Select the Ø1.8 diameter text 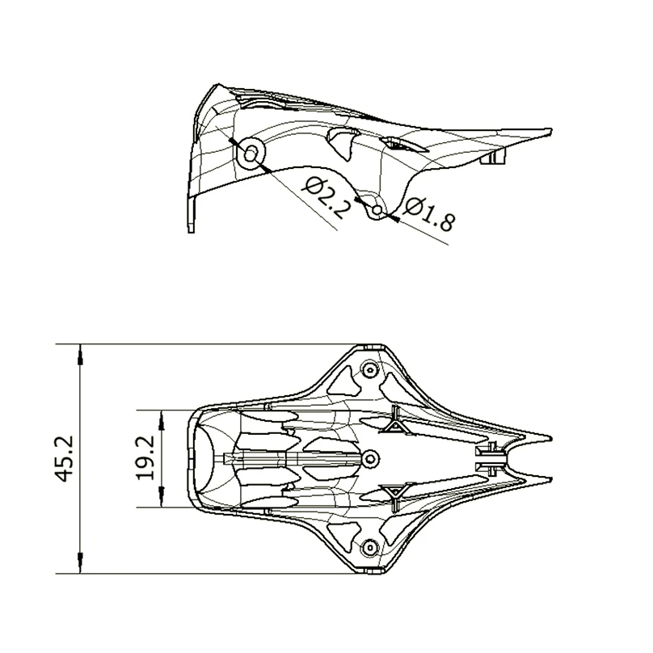[428, 213]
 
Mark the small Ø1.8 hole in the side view [377, 211]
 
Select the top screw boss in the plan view [370, 370]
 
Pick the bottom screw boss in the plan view [370, 547]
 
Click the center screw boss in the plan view [370, 459]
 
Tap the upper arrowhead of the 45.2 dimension [81, 353]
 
